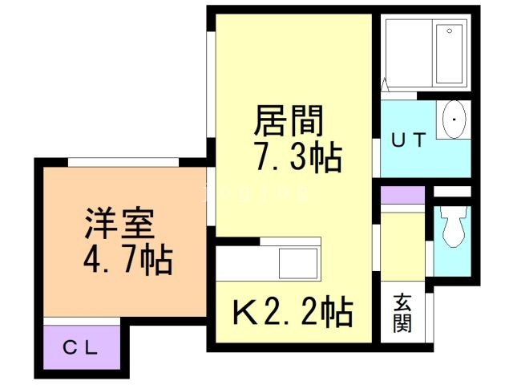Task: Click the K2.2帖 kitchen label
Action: point(292,312)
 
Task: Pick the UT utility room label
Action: point(407,140)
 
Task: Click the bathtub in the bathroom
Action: point(449,54)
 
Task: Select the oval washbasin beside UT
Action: point(454,120)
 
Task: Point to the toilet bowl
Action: point(454,227)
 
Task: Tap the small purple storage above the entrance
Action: point(402,195)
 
